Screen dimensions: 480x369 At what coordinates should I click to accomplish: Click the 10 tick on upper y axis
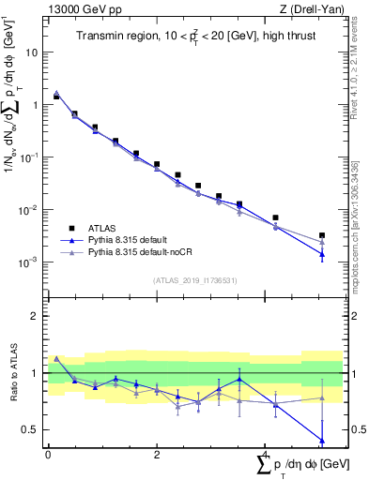(33, 52)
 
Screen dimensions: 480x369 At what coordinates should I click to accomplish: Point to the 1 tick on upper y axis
(36, 105)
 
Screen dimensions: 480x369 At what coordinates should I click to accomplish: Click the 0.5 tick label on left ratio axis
(30, 429)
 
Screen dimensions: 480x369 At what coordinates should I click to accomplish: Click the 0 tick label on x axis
(47, 455)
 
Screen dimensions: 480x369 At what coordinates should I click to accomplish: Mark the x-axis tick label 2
(156, 455)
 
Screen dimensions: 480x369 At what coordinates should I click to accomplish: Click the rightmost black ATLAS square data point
(322, 235)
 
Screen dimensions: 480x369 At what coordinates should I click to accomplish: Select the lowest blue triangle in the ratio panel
(322, 440)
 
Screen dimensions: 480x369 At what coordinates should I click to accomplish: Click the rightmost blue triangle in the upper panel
(322, 254)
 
